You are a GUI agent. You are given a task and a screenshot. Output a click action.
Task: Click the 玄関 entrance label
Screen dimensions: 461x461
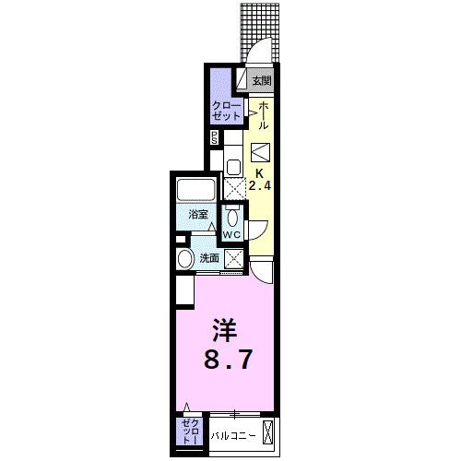click(265, 80)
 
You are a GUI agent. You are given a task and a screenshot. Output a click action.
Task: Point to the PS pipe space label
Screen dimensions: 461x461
click(215, 138)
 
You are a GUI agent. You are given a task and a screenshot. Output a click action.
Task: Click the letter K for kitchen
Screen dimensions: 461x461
click(261, 172)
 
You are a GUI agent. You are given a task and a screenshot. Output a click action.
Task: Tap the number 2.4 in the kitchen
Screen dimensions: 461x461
click(261, 187)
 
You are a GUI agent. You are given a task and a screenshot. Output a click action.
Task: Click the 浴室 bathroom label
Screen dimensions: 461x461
click(198, 214)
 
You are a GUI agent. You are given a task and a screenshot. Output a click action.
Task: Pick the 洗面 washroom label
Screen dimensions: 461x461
click(210, 259)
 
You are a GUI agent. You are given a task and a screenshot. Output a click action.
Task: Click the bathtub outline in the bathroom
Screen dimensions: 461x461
click(196, 191)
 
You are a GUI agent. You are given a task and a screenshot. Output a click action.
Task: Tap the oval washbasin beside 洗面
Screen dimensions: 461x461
click(185, 258)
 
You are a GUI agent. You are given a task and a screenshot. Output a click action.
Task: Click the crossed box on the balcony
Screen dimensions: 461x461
click(269, 431)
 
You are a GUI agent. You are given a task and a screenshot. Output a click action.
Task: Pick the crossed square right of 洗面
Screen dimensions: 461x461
click(234, 259)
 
